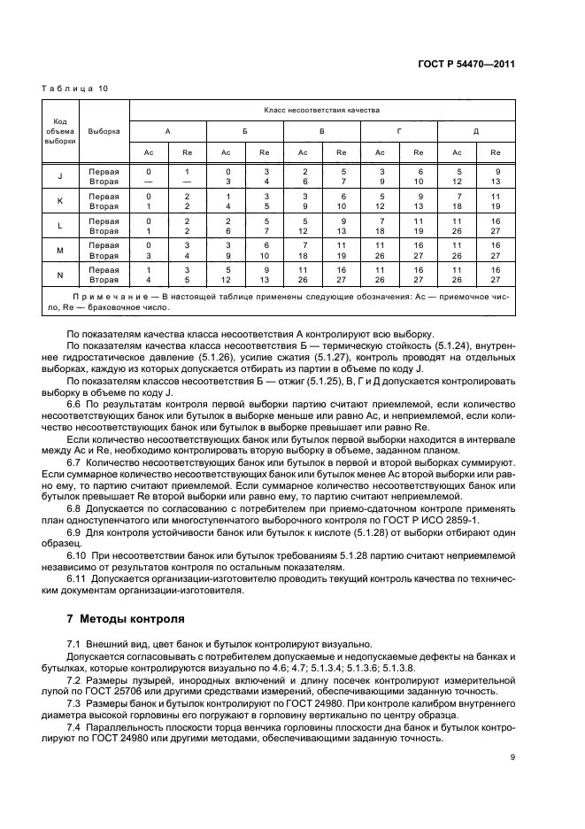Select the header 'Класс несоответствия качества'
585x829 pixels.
322,111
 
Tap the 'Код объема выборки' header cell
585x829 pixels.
60,131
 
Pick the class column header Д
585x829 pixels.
476,131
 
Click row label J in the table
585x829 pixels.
60,175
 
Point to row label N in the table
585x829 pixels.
60,275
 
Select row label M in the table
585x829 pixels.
60,250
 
